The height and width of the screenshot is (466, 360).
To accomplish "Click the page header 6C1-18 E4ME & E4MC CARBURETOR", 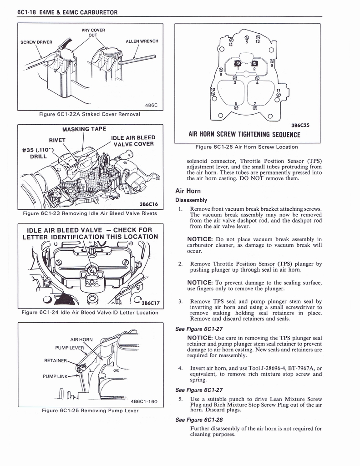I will click(67, 12).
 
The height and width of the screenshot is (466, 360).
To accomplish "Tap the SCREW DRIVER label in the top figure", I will click(36, 42).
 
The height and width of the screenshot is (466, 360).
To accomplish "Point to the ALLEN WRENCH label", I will click(142, 41).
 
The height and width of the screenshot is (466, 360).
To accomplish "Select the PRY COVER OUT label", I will click(93, 33).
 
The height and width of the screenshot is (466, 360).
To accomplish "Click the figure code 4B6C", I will click(151, 105).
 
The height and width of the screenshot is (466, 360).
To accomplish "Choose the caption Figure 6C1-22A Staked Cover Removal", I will click(90, 114).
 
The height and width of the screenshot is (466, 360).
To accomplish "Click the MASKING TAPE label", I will click(84, 129).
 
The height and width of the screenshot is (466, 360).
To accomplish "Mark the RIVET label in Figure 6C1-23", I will click(57, 140).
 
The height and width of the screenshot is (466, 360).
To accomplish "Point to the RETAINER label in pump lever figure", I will click(56, 361).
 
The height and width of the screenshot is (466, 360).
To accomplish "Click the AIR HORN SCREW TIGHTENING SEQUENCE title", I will click(244, 134).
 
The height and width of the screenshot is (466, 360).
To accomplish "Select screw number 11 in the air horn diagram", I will click(279, 90).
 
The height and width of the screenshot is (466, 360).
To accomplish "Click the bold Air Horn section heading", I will click(188, 191).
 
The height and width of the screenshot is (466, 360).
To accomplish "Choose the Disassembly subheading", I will click(192, 200).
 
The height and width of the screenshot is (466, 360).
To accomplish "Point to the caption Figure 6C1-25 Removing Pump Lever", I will click(90, 410).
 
